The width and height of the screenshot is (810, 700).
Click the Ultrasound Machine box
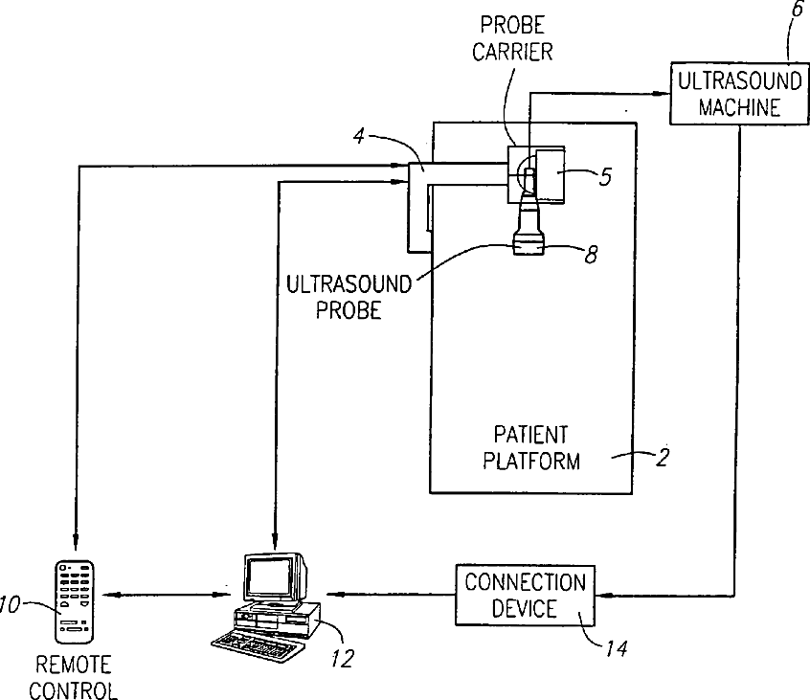coord(739,94)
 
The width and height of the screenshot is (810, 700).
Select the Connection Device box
coord(525,595)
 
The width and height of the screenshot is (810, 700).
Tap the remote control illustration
coord(75,601)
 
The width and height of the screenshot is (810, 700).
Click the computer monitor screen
coord(267,577)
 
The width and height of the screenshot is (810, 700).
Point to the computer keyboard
coord(256,645)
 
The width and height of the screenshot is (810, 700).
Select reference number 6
coord(798,10)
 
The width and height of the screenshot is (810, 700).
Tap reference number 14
coord(617,648)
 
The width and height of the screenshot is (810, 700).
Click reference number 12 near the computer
coord(343,658)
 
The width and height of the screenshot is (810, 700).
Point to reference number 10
coord(9,604)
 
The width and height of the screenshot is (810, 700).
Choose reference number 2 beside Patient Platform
coord(663,457)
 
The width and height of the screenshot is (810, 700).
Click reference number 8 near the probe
coord(591,254)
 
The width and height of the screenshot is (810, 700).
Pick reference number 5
coord(605,177)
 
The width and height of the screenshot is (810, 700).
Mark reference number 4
coord(359,136)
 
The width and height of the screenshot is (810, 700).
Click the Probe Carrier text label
coord(512,38)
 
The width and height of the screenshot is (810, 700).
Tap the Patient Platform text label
coord(531,447)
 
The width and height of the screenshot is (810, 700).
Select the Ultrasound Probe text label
coord(349,297)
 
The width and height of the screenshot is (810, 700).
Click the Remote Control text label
coord(74,677)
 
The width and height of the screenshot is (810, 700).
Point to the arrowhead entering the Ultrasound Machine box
coord(663,94)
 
